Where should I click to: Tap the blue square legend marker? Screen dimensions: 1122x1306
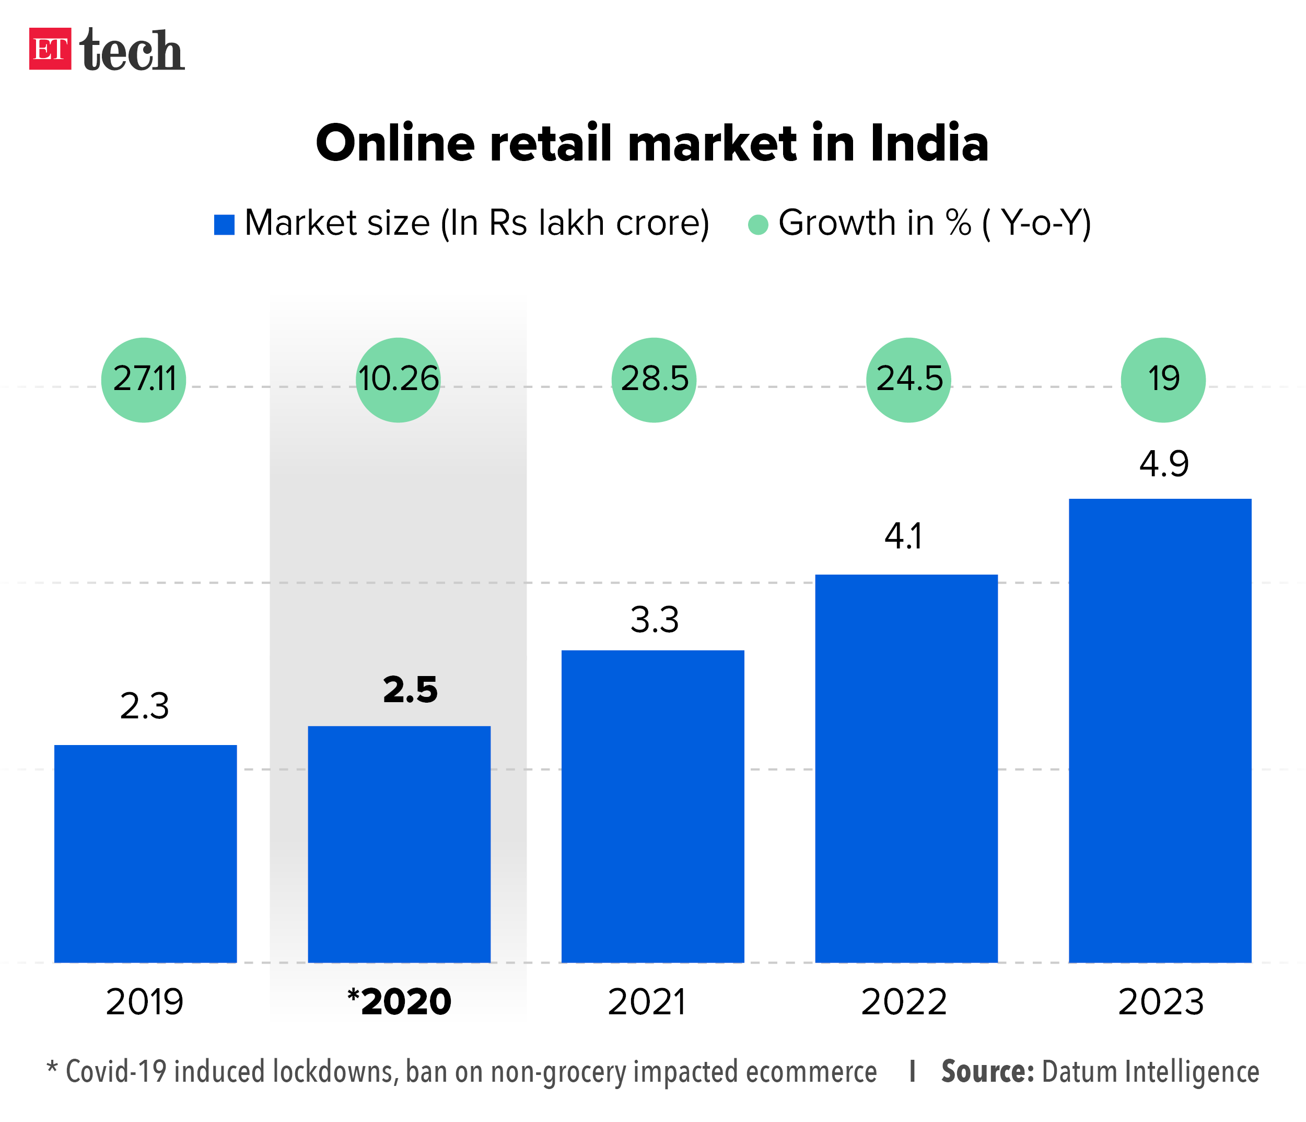tap(225, 224)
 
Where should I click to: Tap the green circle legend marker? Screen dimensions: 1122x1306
tap(757, 224)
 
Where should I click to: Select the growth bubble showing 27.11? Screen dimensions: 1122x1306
tap(144, 380)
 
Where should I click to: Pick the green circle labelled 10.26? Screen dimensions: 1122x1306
tap(399, 380)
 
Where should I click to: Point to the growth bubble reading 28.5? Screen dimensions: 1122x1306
tap(654, 380)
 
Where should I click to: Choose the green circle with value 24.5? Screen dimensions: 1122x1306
tap(909, 380)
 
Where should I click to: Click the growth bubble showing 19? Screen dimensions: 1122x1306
tap(1163, 380)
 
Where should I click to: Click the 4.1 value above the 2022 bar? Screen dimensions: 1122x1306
tap(903, 537)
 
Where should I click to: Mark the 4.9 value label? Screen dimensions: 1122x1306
tap(1163, 464)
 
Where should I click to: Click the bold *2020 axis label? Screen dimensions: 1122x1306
tap(400, 1002)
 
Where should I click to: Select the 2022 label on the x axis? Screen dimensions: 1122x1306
tap(904, 1002)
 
